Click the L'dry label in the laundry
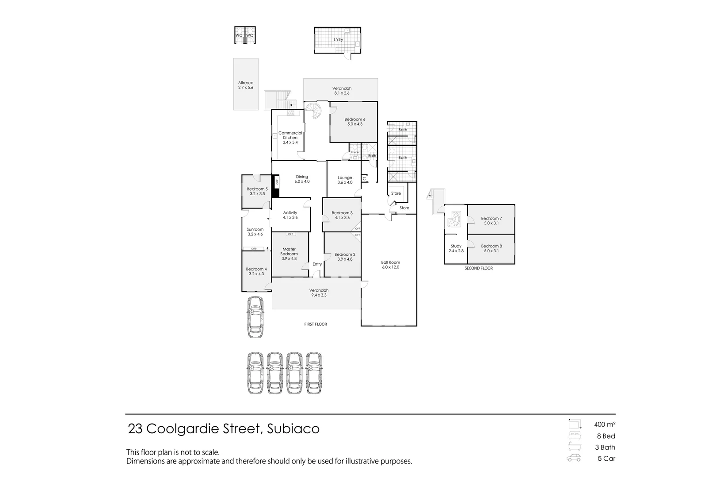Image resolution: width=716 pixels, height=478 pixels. tap(338, 40)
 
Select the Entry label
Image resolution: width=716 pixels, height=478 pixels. tap(317, 264)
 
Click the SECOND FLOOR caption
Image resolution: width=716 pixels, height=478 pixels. tap(479, 268)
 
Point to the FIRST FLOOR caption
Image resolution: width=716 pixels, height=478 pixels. tap(316, 324)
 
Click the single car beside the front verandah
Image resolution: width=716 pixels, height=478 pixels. tap(255, 317)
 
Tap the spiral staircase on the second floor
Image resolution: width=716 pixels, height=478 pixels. tap(455, 219)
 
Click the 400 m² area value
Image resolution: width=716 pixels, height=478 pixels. tap(605, 424)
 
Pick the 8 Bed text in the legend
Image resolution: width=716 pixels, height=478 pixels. tap(606, 436)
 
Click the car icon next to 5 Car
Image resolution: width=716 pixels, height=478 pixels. tap(574, 459)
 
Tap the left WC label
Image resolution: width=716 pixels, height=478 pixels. tap(239, 35)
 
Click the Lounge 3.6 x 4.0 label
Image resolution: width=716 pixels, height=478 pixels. tap(345, 180)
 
